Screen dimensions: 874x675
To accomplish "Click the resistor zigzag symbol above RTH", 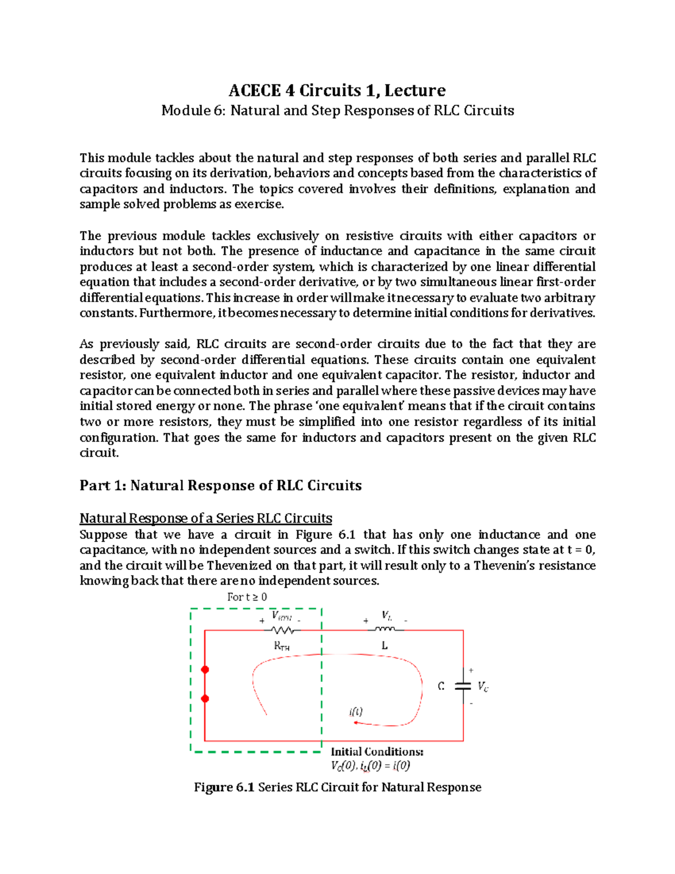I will [x=282, y=630].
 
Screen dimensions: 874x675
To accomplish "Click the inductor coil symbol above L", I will [x=385, y=629].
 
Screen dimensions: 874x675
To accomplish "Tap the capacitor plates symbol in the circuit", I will [x=463, y=685].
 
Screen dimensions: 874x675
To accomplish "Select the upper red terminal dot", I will [x=205, y=670].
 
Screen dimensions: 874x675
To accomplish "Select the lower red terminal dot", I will [x=205, y=698].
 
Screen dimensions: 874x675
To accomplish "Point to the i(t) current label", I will [x=356, y=711].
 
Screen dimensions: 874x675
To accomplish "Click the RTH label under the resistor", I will [x=281, y=646].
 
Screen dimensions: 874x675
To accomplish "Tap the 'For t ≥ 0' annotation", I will [x=247, y=597].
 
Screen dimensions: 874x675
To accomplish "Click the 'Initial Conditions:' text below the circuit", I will [x=376, y=752].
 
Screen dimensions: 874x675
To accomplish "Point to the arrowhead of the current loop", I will [x=355, y=722].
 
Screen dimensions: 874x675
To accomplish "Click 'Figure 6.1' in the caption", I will [x=224, y=787].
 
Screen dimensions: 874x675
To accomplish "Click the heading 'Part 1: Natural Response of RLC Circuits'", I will [x=220, y=485].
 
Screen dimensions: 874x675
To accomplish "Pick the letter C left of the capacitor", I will [x=441, y=686].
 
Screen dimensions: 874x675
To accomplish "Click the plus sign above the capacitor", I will [x=471, y=670].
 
